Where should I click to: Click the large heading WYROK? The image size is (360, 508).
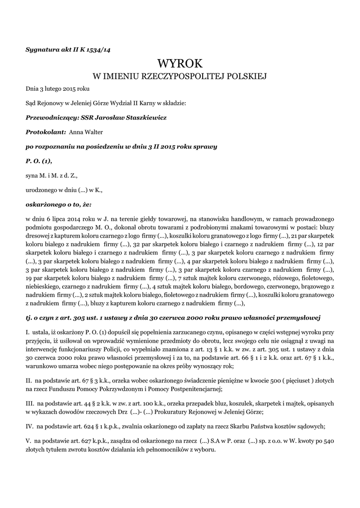(x=180, y=63)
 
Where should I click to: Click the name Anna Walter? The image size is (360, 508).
(x=86, y=132)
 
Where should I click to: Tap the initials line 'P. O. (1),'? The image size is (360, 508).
(x=39, y=161)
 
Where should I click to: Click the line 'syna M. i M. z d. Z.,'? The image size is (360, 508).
(x=52, y=175)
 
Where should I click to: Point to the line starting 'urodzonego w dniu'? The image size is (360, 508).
(x=64, y=190)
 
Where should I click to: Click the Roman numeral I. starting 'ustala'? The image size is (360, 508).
(x=27, y=331)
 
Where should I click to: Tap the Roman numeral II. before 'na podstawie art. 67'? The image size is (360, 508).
(x=29, y=380)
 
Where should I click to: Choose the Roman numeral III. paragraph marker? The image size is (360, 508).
(x=30, y=403)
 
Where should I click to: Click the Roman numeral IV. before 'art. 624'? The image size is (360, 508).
(x=29, y=426)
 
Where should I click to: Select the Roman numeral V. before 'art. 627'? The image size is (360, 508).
(x=28, y=441)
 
